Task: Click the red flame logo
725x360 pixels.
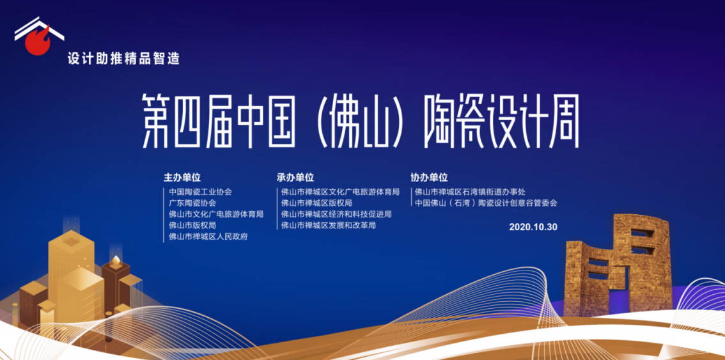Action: click(x=38, y=42)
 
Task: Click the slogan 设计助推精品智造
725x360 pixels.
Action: click(x=123, y=59)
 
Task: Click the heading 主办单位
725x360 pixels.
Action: click(x=182, y=177)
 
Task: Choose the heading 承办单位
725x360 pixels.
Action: click(x=295, y=177)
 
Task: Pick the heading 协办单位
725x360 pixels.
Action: click(x=429, y=177)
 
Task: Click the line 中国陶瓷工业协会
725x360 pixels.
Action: click(x=200, y=191)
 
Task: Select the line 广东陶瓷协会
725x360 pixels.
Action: click(x=192, y=203)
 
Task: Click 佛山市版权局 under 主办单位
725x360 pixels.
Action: click(x=192, y=225)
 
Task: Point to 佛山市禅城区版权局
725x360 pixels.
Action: click(x=316, y=203)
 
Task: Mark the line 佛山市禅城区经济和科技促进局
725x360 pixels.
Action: click(x=336, y=214)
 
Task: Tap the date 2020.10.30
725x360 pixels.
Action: click(x=534, y=227)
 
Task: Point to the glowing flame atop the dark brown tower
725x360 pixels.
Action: click(x=116, y=261)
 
